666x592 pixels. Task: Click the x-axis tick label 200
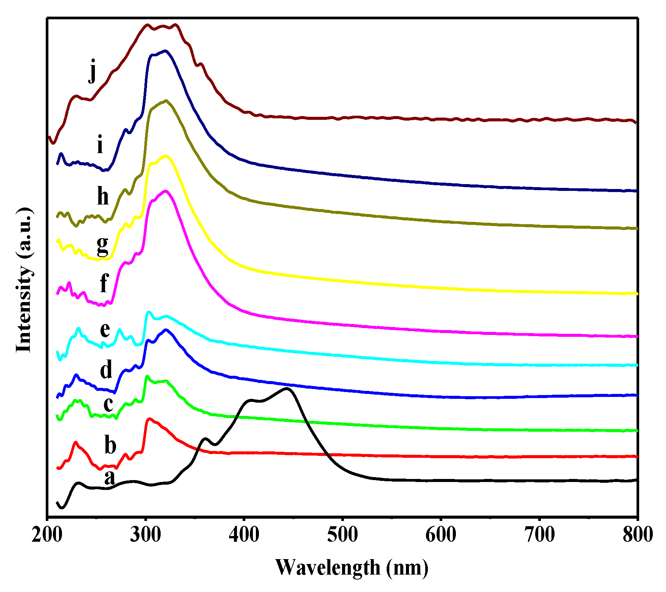(x=47, y=535)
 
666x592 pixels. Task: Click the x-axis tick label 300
(x=146, y=535)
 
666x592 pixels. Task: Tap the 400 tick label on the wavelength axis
(x=244, y=535)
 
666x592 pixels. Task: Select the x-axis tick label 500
(x=342, y=535)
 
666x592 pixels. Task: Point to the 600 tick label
(x=441, y=535)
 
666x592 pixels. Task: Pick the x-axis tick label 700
(x=539, y=535)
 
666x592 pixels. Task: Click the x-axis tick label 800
(x=637, y=535)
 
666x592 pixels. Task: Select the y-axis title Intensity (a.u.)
(x=23, y=280)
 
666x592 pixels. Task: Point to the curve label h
(x=103, y=197)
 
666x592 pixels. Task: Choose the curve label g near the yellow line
(x=102, y=246)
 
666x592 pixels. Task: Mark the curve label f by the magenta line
(x=104, y=283)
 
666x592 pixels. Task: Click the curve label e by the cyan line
(x=105, y=330)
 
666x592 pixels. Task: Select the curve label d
(x=106, y=369)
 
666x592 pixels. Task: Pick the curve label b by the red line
(x=110, y=445)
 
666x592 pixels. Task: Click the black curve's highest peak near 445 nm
(x=287, y=388)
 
